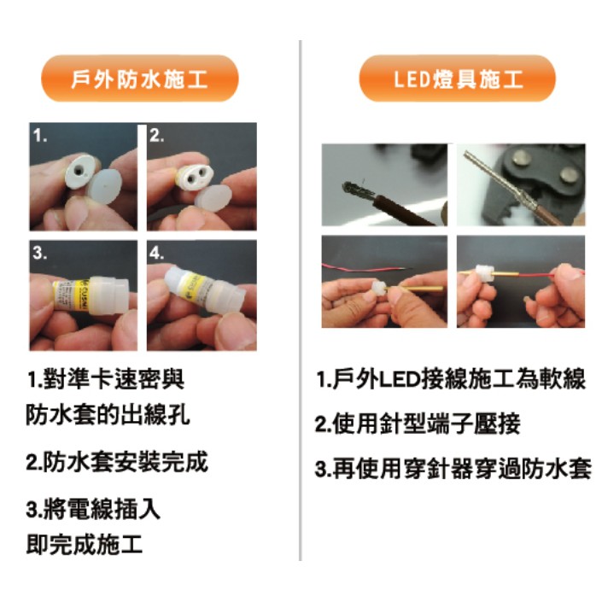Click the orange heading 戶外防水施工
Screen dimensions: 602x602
[140, 79]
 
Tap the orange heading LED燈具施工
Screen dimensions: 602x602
[457, 79]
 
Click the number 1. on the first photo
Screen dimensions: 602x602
[40, 136]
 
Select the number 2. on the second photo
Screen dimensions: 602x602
[156, 136]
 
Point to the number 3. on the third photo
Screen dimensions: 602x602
[40, 253]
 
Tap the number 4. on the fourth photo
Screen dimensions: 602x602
[156, 253]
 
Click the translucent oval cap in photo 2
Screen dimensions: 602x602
[213, 199]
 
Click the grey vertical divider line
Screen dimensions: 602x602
[301, 301]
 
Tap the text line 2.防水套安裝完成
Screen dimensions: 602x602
[117, 462]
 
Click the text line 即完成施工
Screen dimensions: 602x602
[85, 544]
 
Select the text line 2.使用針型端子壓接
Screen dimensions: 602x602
[418, 424]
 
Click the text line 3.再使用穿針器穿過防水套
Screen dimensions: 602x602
[453, 469]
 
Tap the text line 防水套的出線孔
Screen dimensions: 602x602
[108, 415]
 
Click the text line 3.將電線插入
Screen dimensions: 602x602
[93, 509]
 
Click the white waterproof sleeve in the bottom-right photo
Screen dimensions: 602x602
[484, 274]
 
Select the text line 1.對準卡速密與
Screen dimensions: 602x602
[106, 379]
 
